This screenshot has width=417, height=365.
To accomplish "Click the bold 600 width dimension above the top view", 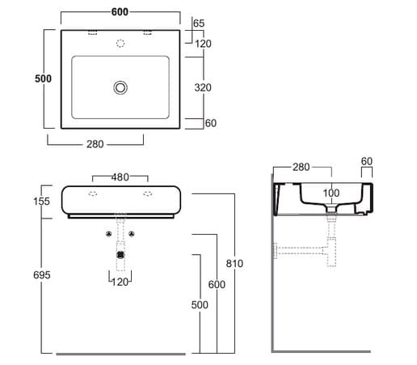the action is (120, 12).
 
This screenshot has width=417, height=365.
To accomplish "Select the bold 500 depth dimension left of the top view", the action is (43, 79).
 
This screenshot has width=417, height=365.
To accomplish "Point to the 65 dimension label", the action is (199, 23).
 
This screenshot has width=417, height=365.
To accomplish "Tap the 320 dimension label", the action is (203, 87).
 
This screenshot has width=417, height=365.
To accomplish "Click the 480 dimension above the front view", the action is (120, 177).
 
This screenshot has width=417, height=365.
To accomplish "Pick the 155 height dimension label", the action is (41, 201).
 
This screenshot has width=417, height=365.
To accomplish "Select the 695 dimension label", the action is (42, 275).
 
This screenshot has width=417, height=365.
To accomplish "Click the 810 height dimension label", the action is (234, 263).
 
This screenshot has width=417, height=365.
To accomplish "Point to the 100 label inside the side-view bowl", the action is (331, 193).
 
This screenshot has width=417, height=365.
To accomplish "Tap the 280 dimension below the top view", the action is (95, 144).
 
